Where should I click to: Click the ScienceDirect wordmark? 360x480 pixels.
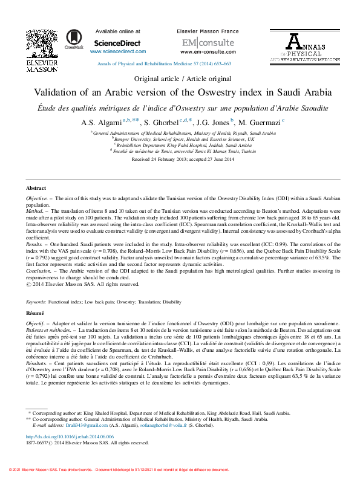tap(117, 44)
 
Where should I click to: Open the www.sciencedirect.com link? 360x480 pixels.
tap(117, 52)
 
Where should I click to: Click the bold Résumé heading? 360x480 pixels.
tap(35, 314)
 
